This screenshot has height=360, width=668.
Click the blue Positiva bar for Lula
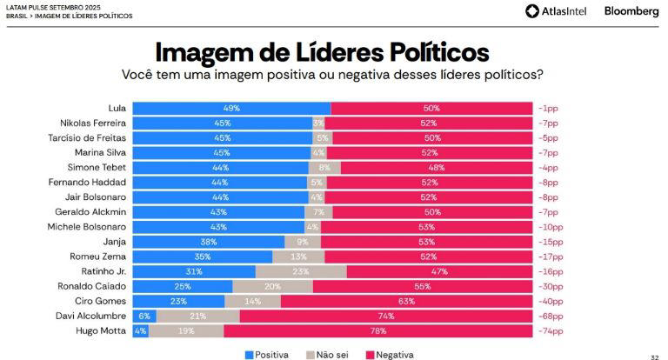(x=230, y=108)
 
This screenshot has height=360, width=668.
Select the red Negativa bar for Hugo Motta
(x=377, y=331)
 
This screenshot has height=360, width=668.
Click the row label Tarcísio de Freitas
(x=87, y=137)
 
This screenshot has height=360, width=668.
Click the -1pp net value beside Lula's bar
(x=547, y=108)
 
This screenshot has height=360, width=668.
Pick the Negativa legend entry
(x=389, y=354)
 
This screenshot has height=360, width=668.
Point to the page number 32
(x=654, y=356)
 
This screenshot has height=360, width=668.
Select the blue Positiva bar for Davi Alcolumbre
(x=144, y=317)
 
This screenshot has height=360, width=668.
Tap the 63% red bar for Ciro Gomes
(x=406, y=302)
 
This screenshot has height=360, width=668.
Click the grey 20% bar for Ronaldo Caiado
(x=272, y=286)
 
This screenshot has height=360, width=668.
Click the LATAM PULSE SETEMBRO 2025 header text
(x=50, y=6)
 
